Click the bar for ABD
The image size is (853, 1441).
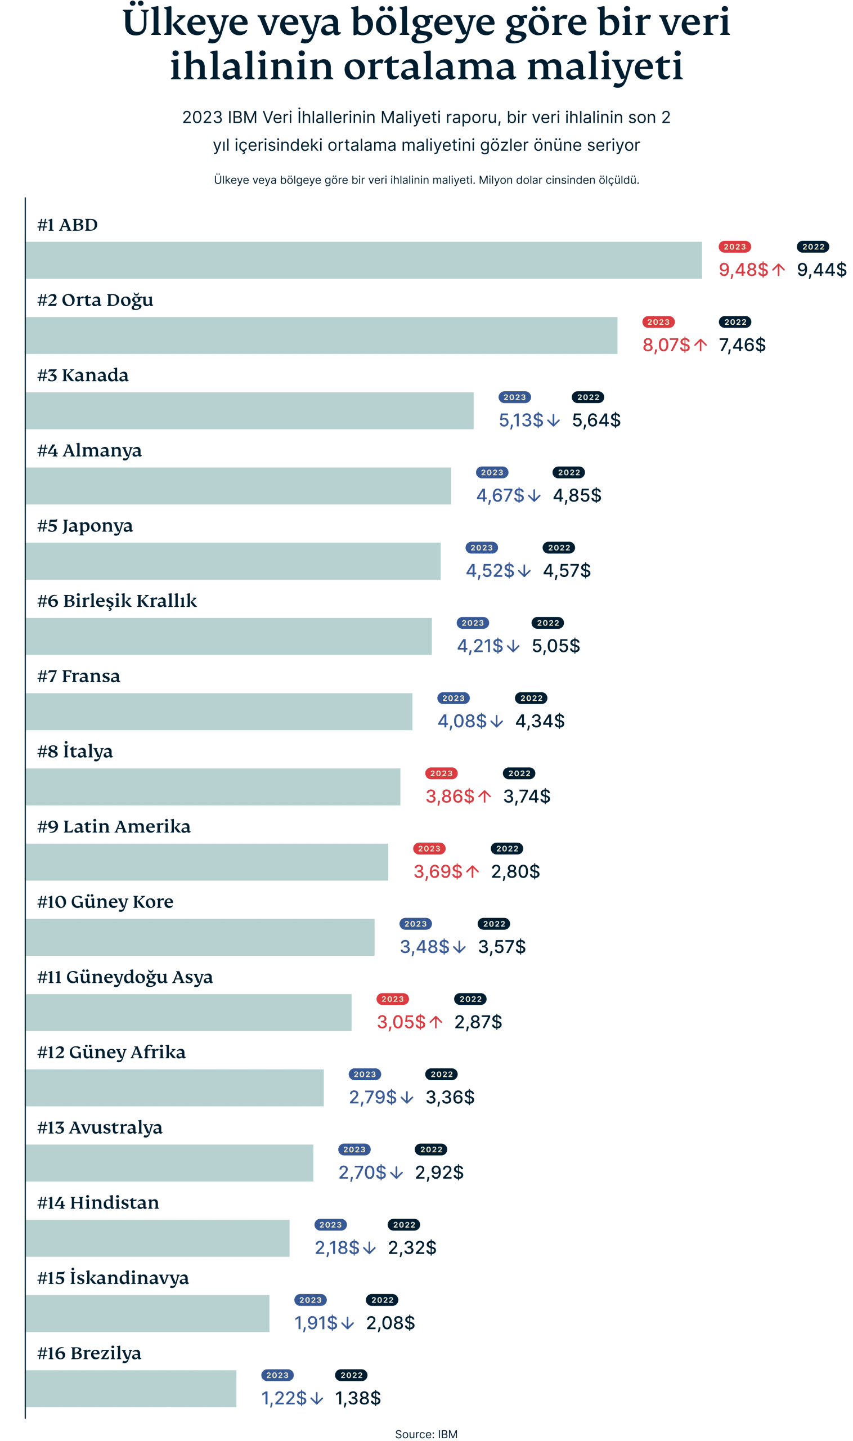363,260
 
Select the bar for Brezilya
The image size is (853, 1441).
131,1388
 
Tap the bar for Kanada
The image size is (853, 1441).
249,410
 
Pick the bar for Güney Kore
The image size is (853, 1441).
200,937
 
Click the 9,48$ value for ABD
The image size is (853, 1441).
743,269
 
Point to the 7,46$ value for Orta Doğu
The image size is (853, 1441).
742,344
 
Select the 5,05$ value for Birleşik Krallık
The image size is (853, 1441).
555,645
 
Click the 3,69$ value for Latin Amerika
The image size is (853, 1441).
437,871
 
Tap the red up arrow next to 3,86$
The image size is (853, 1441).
484,796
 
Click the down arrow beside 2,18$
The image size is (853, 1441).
370,1247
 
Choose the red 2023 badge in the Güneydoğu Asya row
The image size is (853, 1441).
392,999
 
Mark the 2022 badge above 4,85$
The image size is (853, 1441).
568,472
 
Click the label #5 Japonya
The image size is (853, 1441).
84,526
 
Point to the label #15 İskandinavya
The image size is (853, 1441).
113,1278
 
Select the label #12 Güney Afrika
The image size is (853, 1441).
111,1051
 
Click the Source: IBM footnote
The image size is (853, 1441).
426,1434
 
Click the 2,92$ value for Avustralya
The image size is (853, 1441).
438,1172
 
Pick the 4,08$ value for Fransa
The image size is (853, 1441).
461,720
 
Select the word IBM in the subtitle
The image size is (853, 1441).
242,117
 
